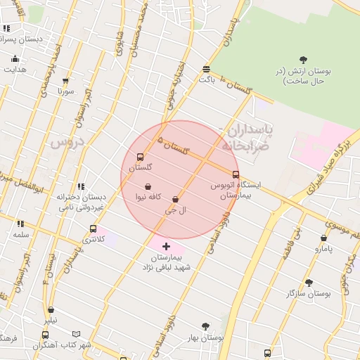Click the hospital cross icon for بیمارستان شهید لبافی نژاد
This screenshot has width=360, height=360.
click(x=166, y=245)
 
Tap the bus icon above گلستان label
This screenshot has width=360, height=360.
click(x=140, y=157)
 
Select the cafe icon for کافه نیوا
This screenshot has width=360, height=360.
click(x=148, y=187)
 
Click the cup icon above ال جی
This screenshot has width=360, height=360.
click(x=175, y=200)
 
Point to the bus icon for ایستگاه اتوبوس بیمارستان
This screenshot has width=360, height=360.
click(x=236, y=174)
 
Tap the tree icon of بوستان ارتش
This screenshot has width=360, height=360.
click(x=303, y=60)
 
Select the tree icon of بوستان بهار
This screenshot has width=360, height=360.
click(x=205, y=326)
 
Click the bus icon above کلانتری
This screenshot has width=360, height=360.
click(x=94, y=229)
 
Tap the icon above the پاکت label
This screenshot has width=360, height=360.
click(x=205, y=69)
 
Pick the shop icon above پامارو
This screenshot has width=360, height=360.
click(x=323, y=238)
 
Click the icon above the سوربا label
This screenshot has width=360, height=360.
click(x=65, y=82)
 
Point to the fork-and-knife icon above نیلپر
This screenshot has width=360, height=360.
click(x=51, y=309)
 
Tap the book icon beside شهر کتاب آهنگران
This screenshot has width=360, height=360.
click(x=76, y=335)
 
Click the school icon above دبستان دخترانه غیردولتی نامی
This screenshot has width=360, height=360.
click(x=81, y=186)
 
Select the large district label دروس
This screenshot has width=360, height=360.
click(x=67, y=142)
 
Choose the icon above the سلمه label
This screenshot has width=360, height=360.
click(x=20, y=224)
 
